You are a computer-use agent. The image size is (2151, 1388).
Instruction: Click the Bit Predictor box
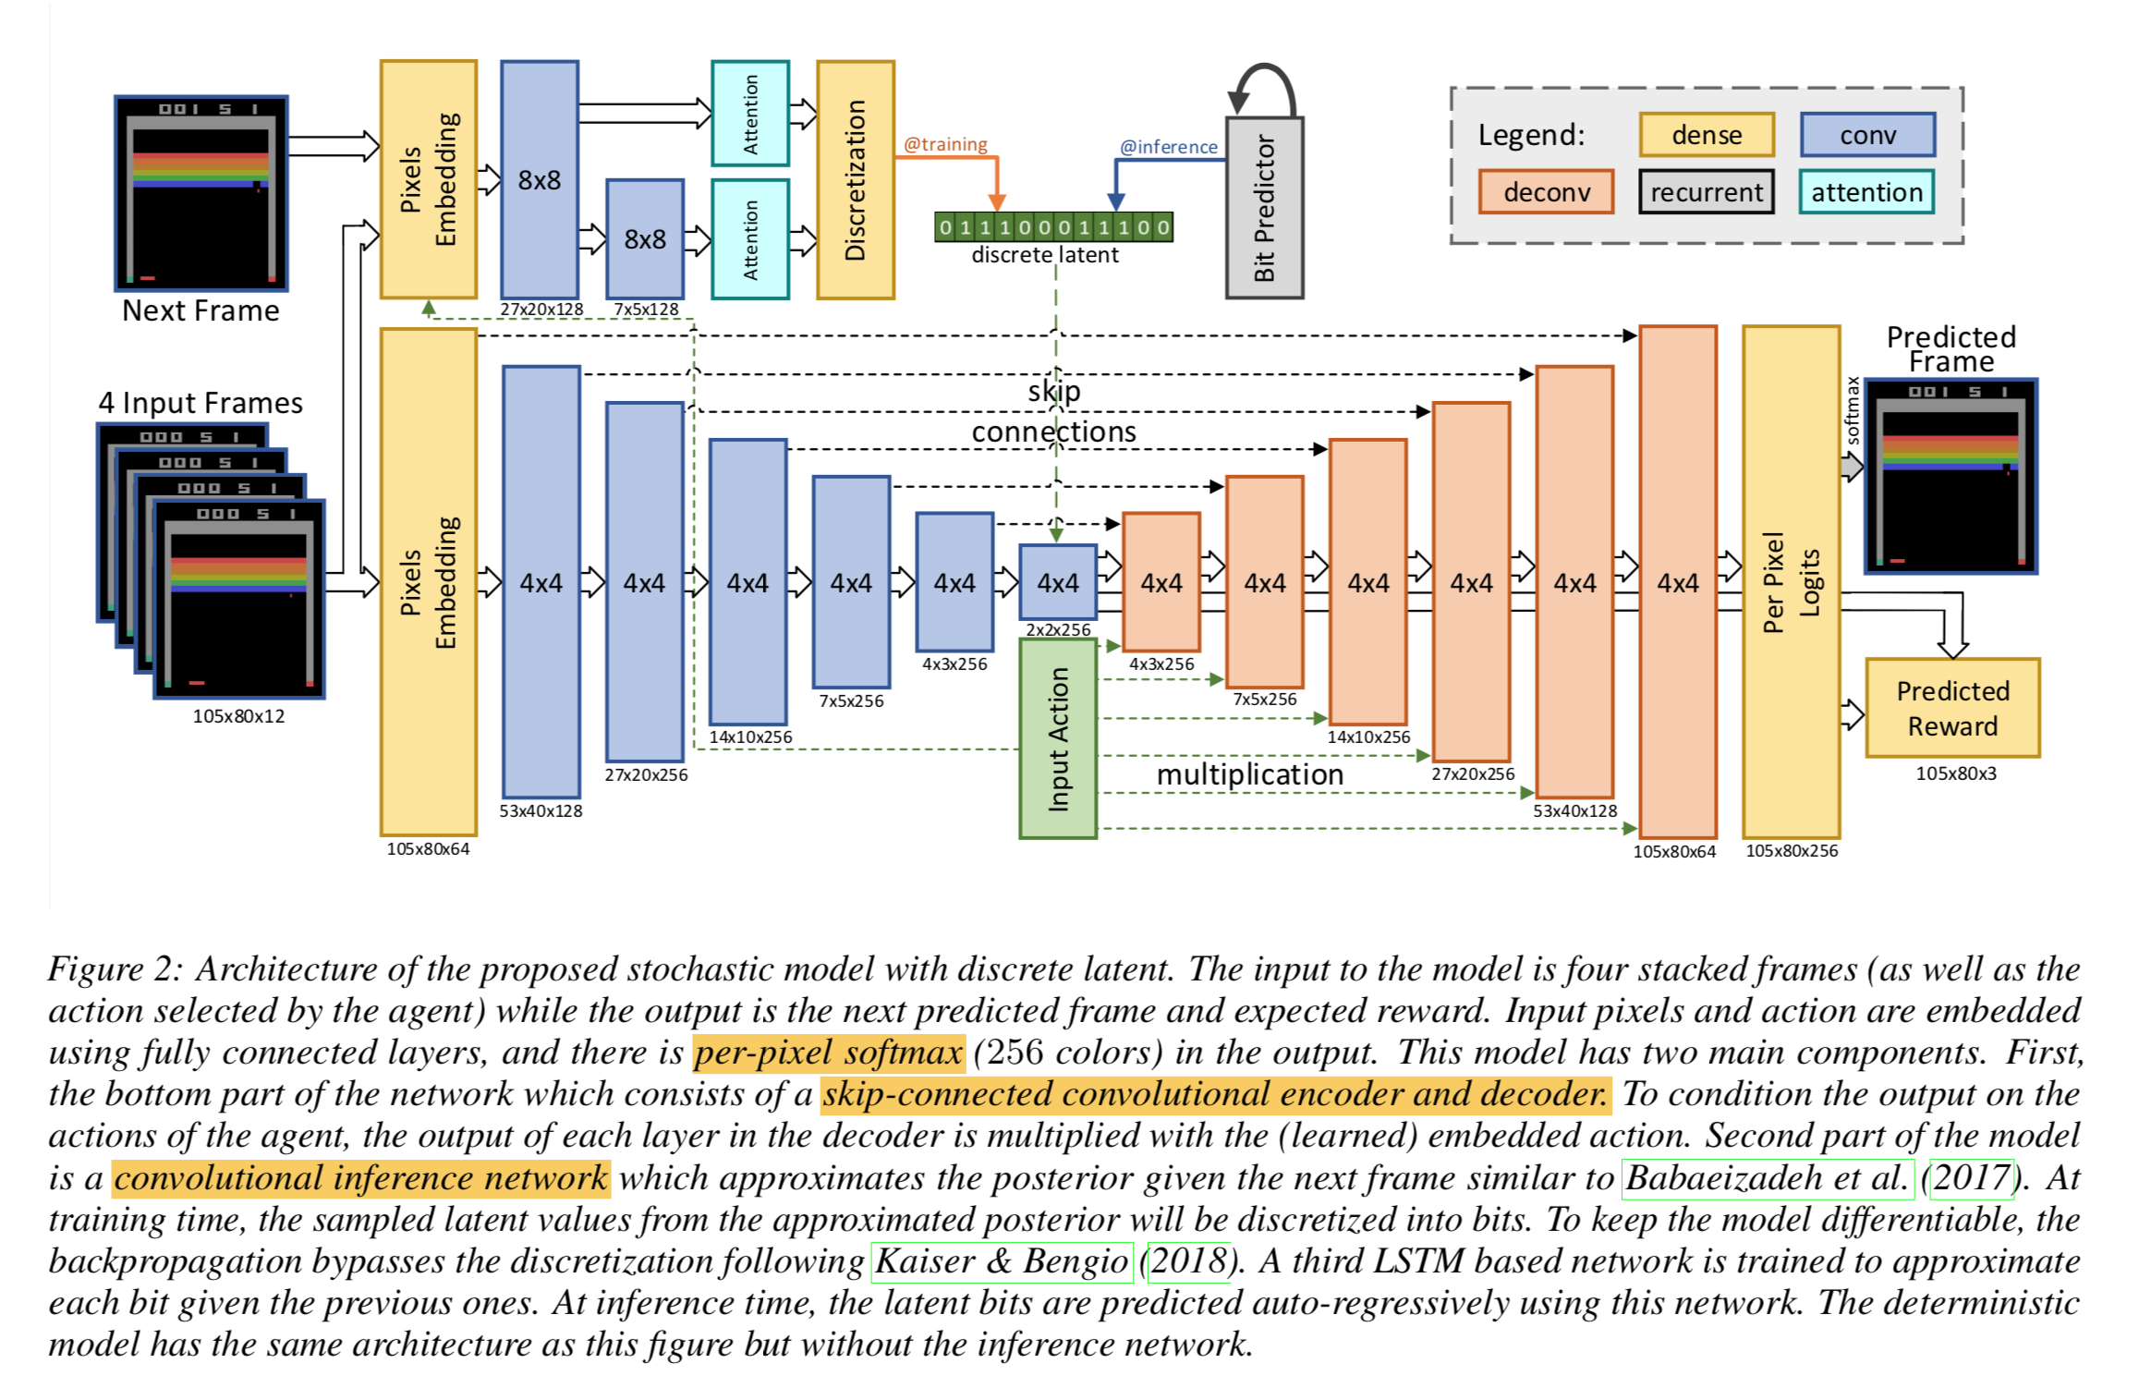click(1263, 207)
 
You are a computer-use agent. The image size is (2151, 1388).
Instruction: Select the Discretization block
click(855, 180)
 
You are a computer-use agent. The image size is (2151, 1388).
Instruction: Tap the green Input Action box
click(1057, 738)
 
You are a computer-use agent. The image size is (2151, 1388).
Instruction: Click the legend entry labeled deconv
click(1546, 192)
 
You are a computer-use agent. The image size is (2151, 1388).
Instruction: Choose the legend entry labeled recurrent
click(1706, 192)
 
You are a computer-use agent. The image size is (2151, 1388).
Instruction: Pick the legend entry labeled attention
click(1865, 192)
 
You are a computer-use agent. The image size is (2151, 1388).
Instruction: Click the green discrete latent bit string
click(1052, 227)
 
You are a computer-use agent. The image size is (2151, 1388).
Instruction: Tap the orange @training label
click(944, 144)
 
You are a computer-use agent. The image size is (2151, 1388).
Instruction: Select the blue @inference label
click(1168, 147)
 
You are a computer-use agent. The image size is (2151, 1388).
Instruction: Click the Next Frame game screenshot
click(201, 193)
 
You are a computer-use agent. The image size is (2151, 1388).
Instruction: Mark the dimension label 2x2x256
click(1058, 630)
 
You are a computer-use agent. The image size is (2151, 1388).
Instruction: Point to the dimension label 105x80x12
click(238, 716)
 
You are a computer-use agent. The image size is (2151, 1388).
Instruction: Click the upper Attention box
click(749, 114)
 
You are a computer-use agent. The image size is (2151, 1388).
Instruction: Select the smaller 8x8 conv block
click(644, 239)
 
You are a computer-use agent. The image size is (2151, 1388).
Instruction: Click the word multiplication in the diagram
click(1249, 774)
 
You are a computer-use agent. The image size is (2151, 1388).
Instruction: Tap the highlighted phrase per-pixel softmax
click(828, 1053)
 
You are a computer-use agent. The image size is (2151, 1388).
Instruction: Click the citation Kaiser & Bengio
click(1001, 1261)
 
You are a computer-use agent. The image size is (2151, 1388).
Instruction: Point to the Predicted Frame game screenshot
click(1950, 476)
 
